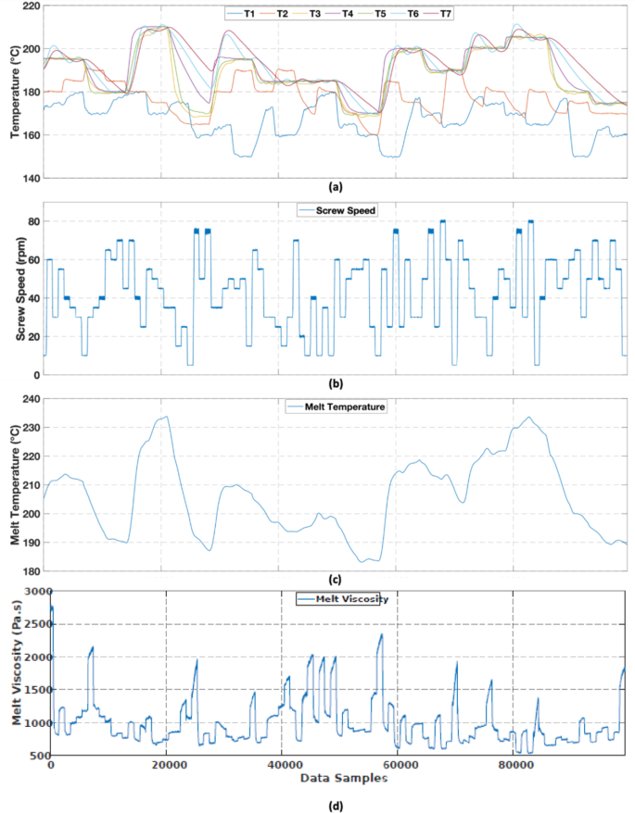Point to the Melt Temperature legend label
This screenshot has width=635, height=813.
tap(339, 406)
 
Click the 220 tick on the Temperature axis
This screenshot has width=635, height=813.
tap(29, 6)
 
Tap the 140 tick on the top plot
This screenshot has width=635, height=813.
tap(29, 178)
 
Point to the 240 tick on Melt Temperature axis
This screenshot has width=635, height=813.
tap(29, 399)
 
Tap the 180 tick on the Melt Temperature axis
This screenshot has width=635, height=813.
tap(29, 571)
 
